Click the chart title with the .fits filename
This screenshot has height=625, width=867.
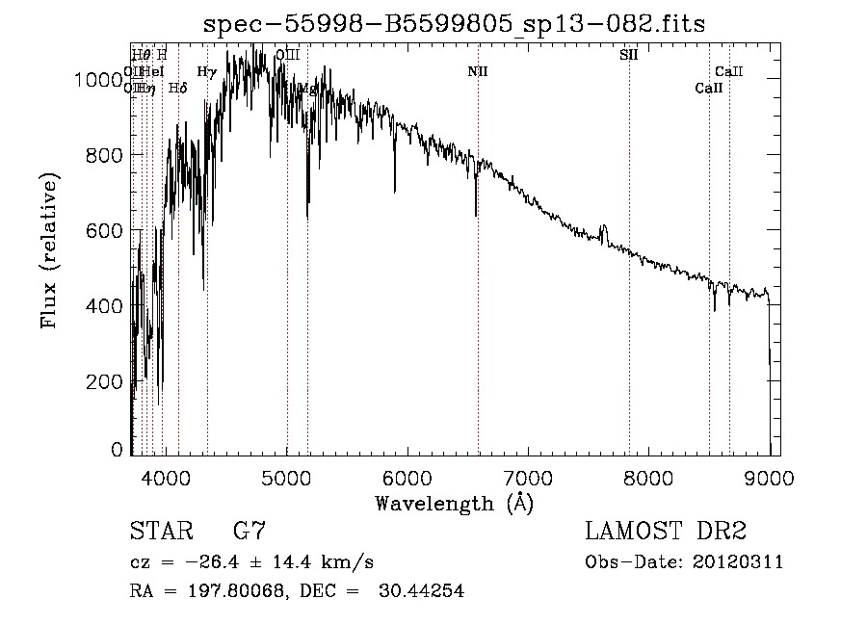[x=454, y=25]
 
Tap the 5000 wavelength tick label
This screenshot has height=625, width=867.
[x=286, y=477]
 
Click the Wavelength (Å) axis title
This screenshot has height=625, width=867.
[x=454, y=503]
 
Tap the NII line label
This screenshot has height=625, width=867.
[x=478, y=72]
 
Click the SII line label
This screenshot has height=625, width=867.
[x=628, y=55]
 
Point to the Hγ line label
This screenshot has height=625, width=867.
[x=206, y=72]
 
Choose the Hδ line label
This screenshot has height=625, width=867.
[x=177, y=89]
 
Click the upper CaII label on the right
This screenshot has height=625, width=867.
[x=728, y=72]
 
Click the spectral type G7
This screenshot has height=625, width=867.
[x=250, y=532]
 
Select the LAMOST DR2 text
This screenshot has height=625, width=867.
[x=666, y=532]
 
